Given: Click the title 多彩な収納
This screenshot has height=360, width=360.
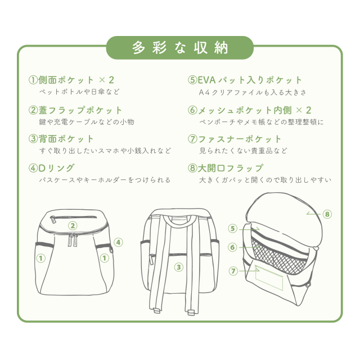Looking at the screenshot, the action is click(x=180, y=48).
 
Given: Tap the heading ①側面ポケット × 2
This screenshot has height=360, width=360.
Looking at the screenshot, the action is click(x=71, y=80).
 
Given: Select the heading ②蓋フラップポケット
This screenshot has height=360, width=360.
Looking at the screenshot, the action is click(x=75, y=110).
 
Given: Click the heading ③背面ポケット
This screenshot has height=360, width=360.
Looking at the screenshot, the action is click(x=61, y=139).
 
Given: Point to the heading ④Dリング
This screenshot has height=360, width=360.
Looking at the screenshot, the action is click(x=51, y=168).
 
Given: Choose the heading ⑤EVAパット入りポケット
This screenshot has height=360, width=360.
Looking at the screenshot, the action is click(x=245, y=80).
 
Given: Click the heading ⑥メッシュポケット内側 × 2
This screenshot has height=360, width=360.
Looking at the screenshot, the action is click(x=250, y=110).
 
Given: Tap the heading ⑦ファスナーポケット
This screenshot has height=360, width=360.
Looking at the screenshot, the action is click(x=235, y=139).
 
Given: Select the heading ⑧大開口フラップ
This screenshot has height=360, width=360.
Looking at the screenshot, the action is click(x=226, y=168).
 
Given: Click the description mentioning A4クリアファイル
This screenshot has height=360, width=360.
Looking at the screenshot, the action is click(x=253, y=92).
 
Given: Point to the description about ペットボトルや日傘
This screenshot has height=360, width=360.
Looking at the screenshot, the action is click(x=79, y=92).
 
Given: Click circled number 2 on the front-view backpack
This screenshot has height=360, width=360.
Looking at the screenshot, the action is click(x=73, y=226).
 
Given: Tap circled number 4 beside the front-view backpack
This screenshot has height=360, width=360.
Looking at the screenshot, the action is click(x=119, y=242).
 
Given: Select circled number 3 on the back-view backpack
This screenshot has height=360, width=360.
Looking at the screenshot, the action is click(x=179, y=267).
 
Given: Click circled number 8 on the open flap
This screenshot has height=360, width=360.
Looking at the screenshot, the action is click(x=327, y=214).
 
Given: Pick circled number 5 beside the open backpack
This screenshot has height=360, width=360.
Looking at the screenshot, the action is click(x=232, y=229).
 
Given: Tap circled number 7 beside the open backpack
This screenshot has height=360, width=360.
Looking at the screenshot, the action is click(x=233, y=271).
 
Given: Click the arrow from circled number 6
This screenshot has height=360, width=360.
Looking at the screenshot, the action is click(x=249, y=247).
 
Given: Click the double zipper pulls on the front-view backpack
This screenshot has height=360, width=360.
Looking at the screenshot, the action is click(x=73, y=240).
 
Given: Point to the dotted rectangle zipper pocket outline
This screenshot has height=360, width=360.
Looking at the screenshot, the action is click(x=269, y=278).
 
